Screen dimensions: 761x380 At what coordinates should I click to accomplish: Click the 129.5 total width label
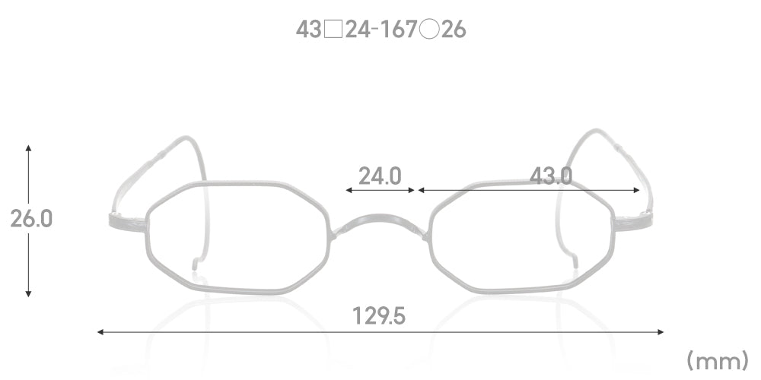coord(378,316)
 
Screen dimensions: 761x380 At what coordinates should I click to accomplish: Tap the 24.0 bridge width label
coord(380,176)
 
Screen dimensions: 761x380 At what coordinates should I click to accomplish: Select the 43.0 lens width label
coord(550,176)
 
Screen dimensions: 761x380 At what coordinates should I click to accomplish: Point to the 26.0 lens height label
coord(31,219)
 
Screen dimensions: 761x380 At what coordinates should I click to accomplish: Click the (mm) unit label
coord(718,360)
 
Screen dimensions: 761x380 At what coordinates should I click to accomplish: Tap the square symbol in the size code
coord(333,30)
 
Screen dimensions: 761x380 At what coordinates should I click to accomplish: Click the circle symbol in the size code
coord(429,30)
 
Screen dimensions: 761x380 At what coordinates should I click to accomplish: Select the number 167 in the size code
coord(398,30)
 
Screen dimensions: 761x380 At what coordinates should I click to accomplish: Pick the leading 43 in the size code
coord(309,30)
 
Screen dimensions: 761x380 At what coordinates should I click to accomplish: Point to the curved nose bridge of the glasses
coord(378,218)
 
